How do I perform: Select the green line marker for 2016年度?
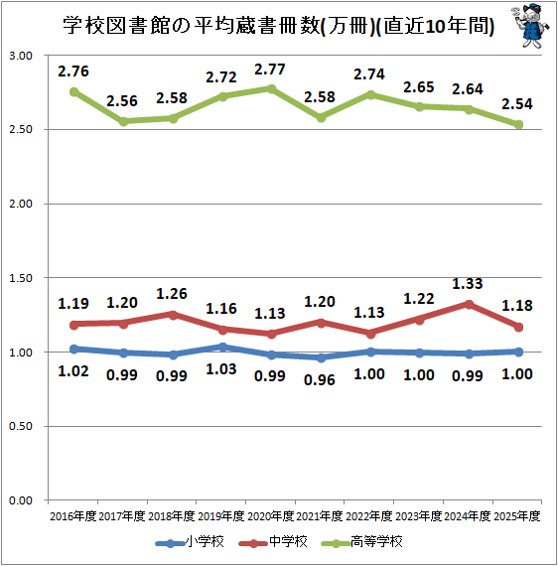click(74, 91)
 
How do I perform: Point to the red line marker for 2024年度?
click(469, 304)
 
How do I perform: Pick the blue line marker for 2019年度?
click(221, 348)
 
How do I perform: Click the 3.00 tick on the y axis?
click(21, 56)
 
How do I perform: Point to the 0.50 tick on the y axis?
click(21, 427)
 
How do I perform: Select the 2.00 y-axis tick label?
click(21, 204)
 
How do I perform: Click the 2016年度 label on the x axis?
click(72, 516)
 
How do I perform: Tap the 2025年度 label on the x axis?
click(516, 516)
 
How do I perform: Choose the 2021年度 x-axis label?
click(320, 516)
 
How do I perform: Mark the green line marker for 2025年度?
click(517, 124)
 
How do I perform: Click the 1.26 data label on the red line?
click(172, 293)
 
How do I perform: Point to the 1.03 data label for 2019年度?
click(221, 375)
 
